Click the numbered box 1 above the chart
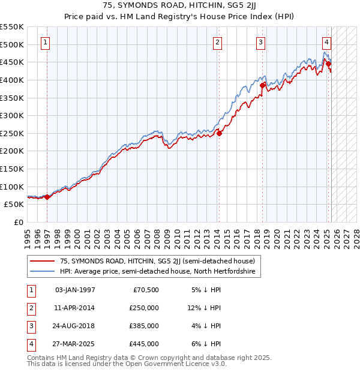(x=46, y=42)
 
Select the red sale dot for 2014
(x=219, y=133)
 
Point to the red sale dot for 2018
(x=262, y=85)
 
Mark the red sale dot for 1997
(x=47, y=197)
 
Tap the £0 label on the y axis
(x=18, y=222)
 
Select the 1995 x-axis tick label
(x=28, y=237)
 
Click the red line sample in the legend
(x=42, y=261)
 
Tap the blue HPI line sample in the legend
(x=42, y=272)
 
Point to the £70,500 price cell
(x=146, y=290)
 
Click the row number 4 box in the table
(x=31, y=344)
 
